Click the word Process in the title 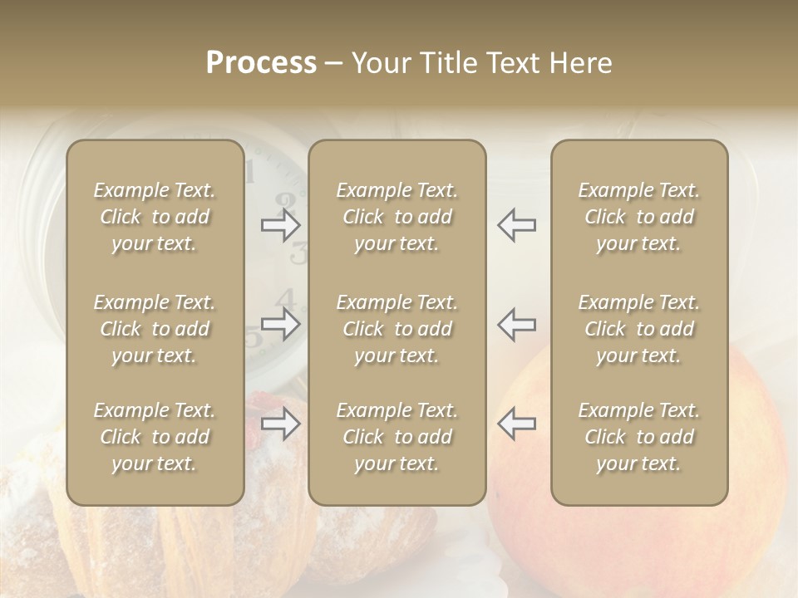coord(261,63)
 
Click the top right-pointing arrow coord(281,225)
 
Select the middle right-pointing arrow coord(281,324)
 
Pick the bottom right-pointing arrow coord(281,424)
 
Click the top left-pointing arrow coord(516,225)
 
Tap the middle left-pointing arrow coord(516,324)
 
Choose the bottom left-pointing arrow coord(516,424)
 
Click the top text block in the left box coord(155,217)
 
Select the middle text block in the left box coord(155,329)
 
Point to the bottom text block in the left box coord(155,437)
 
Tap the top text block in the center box coord(397,217)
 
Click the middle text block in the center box coord(397,329)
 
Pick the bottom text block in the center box coord(397,437)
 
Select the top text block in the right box coord(638,217)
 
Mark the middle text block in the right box coord(638,329)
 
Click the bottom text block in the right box coord(638,437)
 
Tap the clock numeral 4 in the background coord(288,298)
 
